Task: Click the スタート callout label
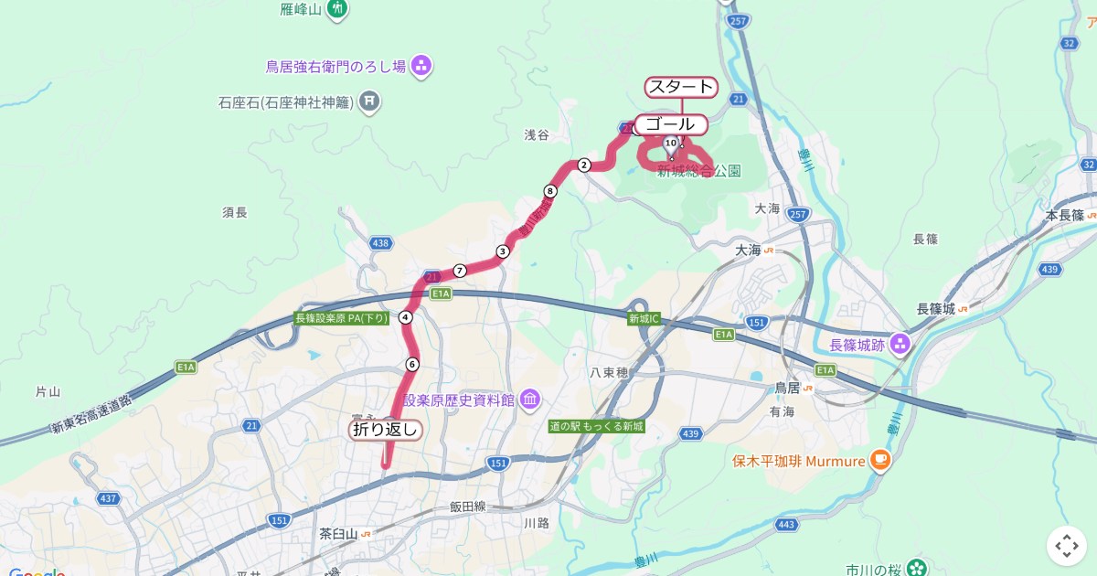pos(681,87)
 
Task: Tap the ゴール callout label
pos(671,124)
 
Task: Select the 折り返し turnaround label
pos(386,429)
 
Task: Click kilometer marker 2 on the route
pos(584,165)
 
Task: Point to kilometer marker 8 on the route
pos(549,191)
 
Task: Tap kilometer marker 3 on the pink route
pos(502,251)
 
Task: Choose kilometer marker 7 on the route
pos(460,270)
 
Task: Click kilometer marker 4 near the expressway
pos(406,317)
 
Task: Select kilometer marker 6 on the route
pos(412,364)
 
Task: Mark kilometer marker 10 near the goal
pos(671,143)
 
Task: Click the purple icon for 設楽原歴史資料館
pos(530,400)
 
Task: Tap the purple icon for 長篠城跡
pos(900,344)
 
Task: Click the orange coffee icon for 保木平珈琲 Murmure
pos(879,461)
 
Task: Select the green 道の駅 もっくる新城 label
pos(597,427)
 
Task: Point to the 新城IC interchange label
pos(644,319)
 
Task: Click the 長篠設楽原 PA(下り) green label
pos(341,318)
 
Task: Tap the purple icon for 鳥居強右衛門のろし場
pos(421,65)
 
